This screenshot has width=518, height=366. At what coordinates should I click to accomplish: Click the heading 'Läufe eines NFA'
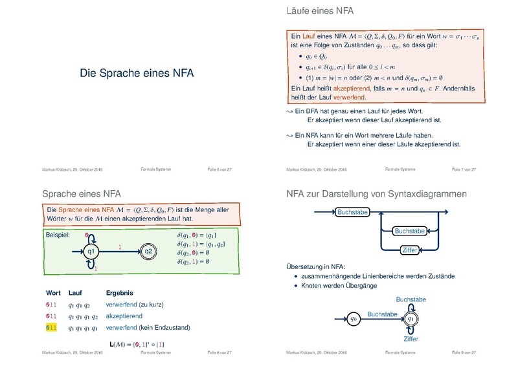(x=315, y=11)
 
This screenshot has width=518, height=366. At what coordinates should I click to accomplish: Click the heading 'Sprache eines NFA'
(x=81, y=193)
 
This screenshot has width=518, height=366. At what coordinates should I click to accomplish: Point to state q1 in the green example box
(x=92, y=252)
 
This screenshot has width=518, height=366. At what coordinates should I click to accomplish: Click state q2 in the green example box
(x=148, y=251)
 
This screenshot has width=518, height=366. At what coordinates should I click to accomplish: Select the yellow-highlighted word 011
(x=51, y=328)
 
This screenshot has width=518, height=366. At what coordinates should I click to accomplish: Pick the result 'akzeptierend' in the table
(x=126, y=316)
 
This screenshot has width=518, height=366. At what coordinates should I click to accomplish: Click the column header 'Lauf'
(x=75, y=294)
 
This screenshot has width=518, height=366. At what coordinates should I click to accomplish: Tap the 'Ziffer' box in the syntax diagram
(x=409, y=250)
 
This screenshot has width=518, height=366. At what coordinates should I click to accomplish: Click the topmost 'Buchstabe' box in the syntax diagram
(x=352, y=211)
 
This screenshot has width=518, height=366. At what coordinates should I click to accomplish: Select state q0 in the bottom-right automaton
(x=354, y=318)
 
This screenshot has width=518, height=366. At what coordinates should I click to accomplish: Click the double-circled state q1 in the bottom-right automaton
(x=410, y=318)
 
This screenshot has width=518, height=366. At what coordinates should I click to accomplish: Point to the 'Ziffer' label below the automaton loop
(x=411, y=339)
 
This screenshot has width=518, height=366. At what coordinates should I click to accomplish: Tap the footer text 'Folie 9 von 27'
(x=464, y=352)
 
